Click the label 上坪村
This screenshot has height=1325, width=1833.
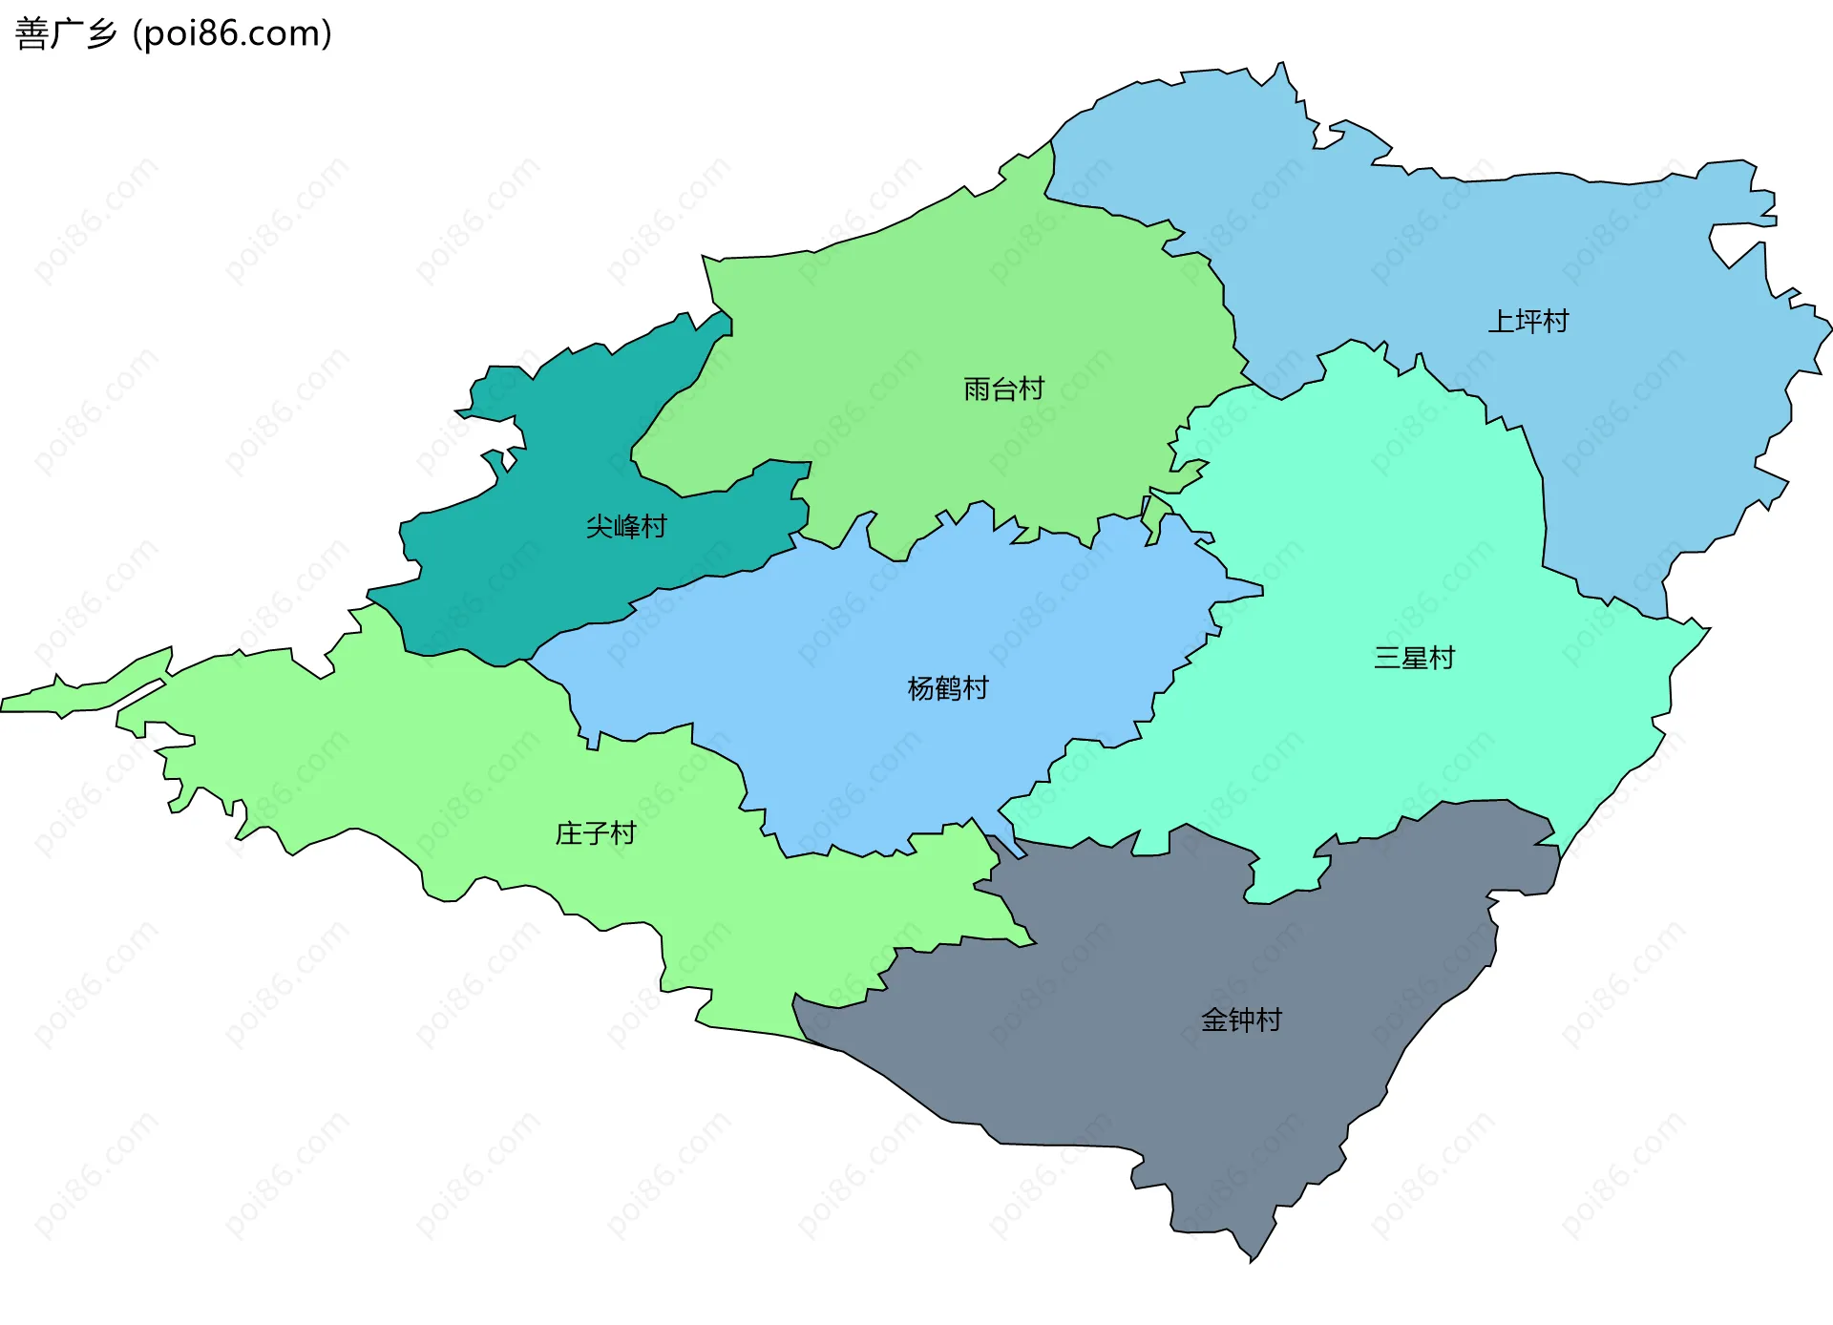(x=1527, y=322)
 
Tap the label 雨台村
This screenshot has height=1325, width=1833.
(x=1003, y=389)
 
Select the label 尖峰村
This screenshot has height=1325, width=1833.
(x=625, y=527)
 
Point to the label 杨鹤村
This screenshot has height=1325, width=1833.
(x=947, y=688)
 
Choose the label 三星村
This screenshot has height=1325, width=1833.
(x=1414, y=658)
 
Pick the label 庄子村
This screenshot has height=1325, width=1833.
(x=595, y=833)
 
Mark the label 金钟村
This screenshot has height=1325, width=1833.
(x=1241, y=1020)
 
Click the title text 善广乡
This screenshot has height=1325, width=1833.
(x=65, y=33)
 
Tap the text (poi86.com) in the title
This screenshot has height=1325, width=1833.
(x=232, y=33)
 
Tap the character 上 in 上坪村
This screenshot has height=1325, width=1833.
(x=1501, y=322)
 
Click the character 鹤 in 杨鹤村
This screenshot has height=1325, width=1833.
(x=947, y=688)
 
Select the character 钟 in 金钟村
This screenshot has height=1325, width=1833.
(x=1241, y=1020)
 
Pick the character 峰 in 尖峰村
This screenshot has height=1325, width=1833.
(x=625, y=527)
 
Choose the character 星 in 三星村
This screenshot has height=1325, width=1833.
(x=1414, y=658)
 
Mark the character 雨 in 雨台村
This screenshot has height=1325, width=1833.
(x=977, y=389)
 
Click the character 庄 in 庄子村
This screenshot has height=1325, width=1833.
(x=568, y=833)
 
